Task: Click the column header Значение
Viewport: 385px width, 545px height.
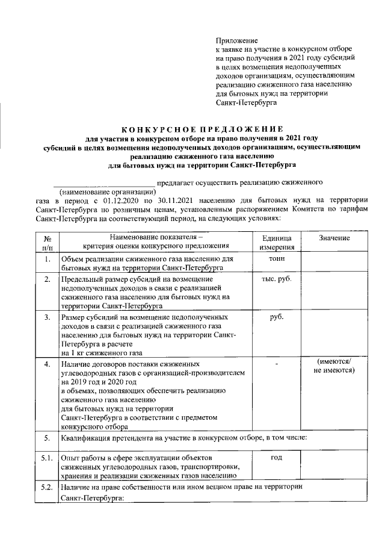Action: click(x=334, y=238)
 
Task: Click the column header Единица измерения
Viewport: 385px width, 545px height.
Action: click(x=277, y=243)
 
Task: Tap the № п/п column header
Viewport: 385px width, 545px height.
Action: click(x=48, y=243)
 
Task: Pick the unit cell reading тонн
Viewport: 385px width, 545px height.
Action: click(x=277, y=258)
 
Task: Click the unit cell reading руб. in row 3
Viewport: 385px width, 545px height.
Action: click(x=277, y=316)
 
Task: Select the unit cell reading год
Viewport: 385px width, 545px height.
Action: click(x=277, y=458)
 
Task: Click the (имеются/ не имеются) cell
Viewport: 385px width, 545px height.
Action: click(x=334, y=366)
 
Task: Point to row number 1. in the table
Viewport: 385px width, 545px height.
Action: click(x=48, y=259)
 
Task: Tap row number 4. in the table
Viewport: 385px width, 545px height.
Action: click(x=48, y=365)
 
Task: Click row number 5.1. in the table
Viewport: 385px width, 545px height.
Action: click(x=48, y=459)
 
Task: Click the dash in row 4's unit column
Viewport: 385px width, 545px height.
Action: click(x=277, y=364)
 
